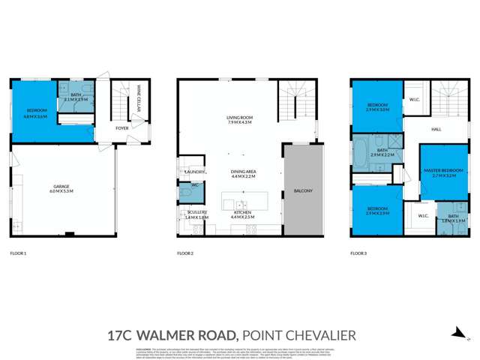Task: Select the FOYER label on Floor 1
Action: (x=121, y=128)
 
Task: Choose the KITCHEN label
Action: (x=242, y=213)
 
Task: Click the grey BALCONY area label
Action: (x=302, y=190)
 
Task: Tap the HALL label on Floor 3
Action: (x=436, y=129)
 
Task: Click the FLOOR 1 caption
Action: (x=18, y=253)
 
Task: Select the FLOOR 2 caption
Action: (x=185, y=253)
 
